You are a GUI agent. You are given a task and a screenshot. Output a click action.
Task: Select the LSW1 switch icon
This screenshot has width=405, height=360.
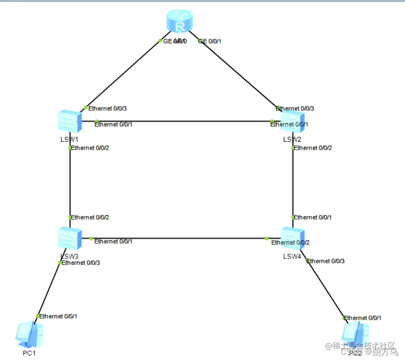tap(69, 121)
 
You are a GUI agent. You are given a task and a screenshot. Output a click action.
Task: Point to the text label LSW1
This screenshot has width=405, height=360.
tap(69, 139)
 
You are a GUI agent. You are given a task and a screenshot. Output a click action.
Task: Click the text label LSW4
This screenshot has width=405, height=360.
tap(292, 256)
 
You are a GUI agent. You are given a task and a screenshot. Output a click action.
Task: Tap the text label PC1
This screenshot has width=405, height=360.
tap(29, 353)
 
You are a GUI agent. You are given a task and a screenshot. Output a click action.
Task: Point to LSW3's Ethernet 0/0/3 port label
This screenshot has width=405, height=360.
tap(81, 263)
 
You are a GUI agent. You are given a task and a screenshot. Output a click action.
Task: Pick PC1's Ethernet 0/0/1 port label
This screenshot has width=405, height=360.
tap(59, 316)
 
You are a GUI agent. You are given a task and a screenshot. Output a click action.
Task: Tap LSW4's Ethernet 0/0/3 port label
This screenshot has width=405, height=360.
tap(326, 261)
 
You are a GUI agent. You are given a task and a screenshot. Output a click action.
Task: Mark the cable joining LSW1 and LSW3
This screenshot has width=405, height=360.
tap(69, 184)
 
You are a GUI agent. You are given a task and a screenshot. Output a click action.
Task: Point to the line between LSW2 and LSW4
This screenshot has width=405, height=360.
tap(292, 184)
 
